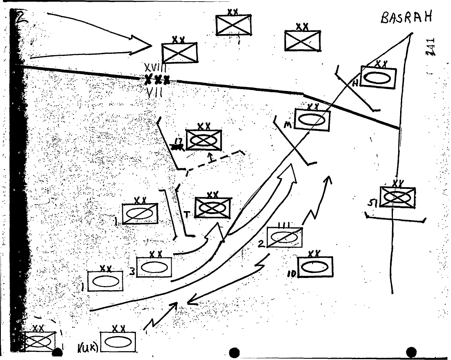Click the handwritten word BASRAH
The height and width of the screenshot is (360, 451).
click(x=406, y=19)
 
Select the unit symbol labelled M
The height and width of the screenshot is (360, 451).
click(x=312, y=120)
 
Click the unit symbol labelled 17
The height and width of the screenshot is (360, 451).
click(x=204, y=140)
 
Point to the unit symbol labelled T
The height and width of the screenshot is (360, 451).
click(x=213, y=208)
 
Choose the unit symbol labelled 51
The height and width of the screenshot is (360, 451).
click(x=397, y=197)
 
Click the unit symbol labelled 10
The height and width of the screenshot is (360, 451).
click(x=315, y=267)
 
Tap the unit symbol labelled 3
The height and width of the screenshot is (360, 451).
click(x=154, y=267)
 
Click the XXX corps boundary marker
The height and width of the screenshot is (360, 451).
click(x=157, y=79)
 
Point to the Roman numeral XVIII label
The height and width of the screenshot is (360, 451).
click(x=156, y=67)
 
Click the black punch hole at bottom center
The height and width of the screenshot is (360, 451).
click(x=234, y=352)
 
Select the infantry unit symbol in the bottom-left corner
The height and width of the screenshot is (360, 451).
click(x=39, y=341)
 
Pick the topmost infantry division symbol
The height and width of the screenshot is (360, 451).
click(x=233, y=25)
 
